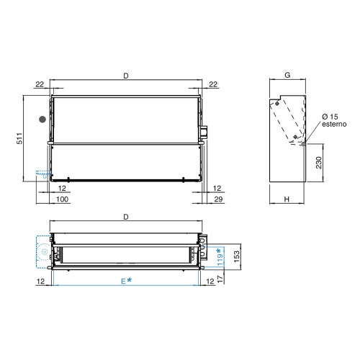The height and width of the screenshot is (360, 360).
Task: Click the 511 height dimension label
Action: click(19, 138)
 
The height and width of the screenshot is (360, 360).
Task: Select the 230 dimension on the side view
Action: click(319, 163)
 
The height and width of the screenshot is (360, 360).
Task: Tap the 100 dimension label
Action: click(62, 199)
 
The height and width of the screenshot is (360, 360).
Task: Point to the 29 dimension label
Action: click(218, 199)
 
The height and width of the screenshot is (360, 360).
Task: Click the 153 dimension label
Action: click(236, 256)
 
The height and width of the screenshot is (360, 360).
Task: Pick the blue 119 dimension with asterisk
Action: click(220, 257)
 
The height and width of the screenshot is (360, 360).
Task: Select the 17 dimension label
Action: click(220, 279)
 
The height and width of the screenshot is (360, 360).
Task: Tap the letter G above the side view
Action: click(287, 75)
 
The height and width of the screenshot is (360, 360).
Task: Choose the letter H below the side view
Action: click(287, 199)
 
